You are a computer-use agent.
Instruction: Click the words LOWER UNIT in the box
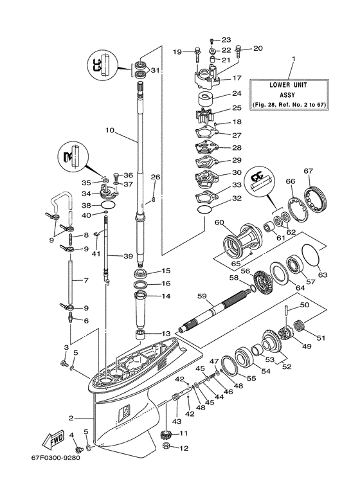click(x=293, y=84)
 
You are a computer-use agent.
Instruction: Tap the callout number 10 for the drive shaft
click(x=109, y=130)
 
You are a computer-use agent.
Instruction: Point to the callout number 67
click(x=308, y=170)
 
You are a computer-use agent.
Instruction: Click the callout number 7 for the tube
click(x=76, y=280)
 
